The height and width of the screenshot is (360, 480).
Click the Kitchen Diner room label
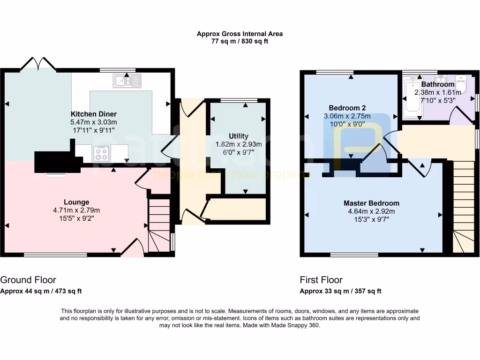coord(94,114)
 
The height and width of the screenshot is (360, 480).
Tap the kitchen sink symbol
coord(127,81)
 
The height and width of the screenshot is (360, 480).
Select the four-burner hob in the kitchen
coord(101,154)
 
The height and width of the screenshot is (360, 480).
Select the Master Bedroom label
coord(371,203)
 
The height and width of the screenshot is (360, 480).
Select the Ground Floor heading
coord(28,280)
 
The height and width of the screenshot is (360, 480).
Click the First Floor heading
coord(321,280)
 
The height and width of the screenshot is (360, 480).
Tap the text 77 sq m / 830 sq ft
coord(240,41)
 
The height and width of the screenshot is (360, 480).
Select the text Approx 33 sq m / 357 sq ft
coord(340,291)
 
